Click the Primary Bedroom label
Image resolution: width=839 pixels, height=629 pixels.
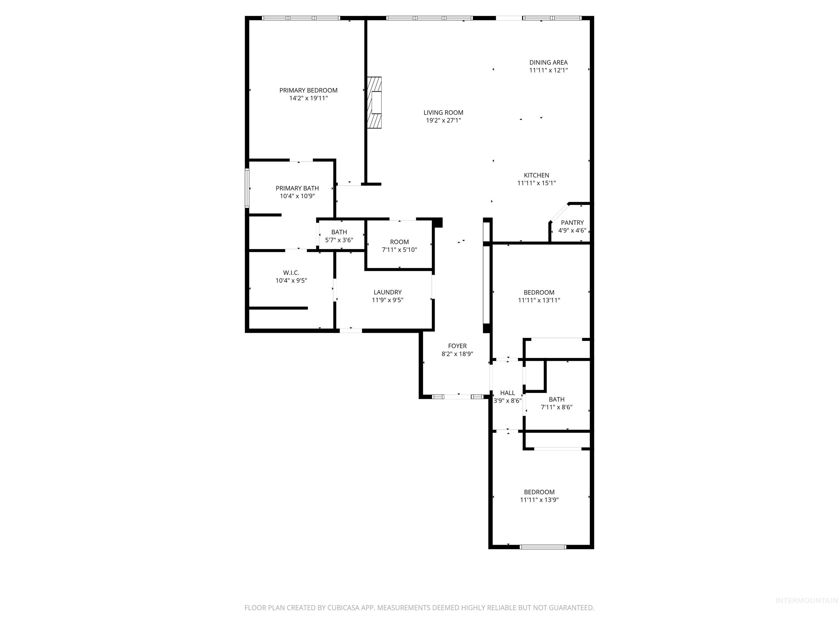(x=308, y=90)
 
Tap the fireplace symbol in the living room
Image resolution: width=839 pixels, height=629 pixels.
(x=374, y=102)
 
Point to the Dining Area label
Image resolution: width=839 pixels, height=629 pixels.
(x=548, y=63)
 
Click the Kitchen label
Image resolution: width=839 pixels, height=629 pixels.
(x=536, y=175)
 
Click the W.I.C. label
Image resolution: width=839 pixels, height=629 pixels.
(x=291, y=273)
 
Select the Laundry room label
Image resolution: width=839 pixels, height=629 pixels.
(x=387, y=292)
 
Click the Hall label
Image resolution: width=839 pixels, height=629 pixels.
(x=507, y=393)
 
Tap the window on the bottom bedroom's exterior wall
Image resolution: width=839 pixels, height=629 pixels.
(x=542, y=547)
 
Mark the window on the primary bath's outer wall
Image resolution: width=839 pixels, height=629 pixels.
(x=247, y=188)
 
